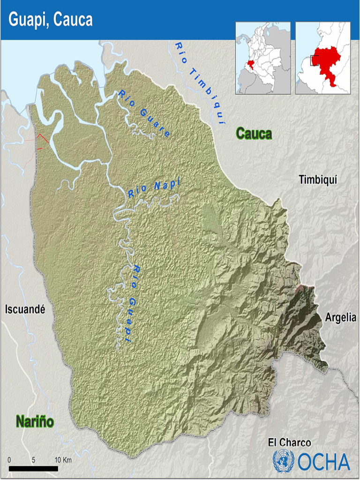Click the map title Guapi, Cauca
tap(51, 20)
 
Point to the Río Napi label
tap(154, 189)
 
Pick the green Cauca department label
tap(254, 134)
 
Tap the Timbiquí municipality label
tap(318, 180)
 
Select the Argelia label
tap(341, 317)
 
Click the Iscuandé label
tap(25, 309)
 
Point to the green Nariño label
tap(35, 421)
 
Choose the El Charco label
tap(289, 442)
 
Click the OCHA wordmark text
tap(323, 462)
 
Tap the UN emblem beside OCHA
tap(284, 461)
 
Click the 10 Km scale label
tap(63, 460)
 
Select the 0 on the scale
tap(9, 460)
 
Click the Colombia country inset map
tap(262, 58)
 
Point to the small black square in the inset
tap(315, 60)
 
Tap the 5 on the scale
tap(33, 460)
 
